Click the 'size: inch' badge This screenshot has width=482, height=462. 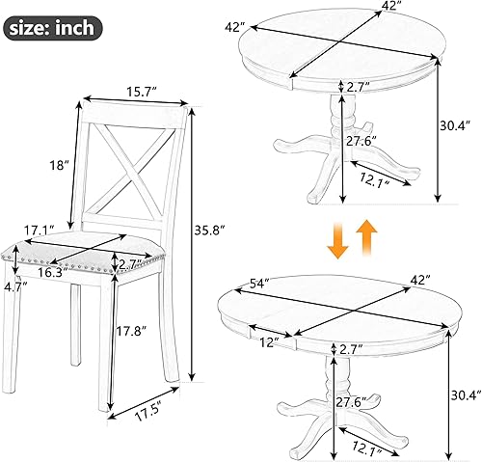[x=53, y=27]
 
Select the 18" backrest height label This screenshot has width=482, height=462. [x=60, y=166]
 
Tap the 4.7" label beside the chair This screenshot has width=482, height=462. [x=14, y=285]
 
